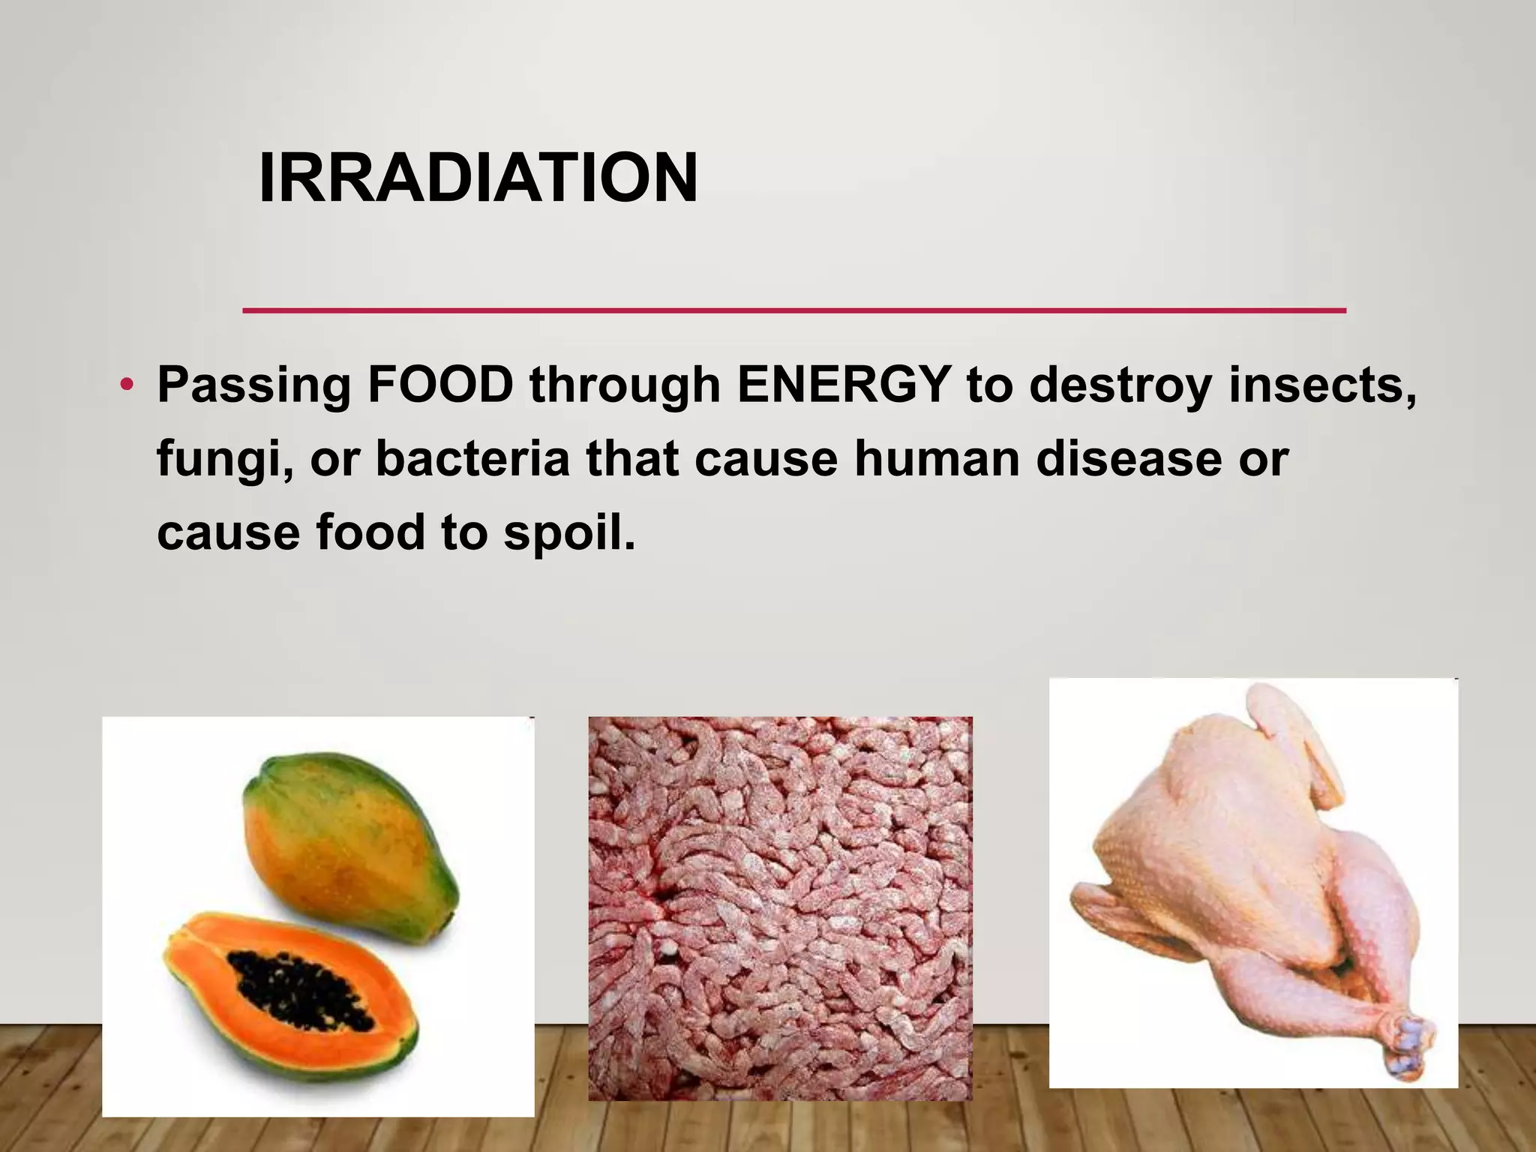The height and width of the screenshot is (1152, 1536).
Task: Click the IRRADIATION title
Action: pos(478,178)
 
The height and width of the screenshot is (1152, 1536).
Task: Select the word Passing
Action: pos(253,387)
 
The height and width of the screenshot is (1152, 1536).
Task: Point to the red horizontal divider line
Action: pos(793,310)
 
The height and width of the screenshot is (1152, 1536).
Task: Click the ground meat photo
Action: pos(780,908)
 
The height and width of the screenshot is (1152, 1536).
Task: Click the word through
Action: pos(625,387)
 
